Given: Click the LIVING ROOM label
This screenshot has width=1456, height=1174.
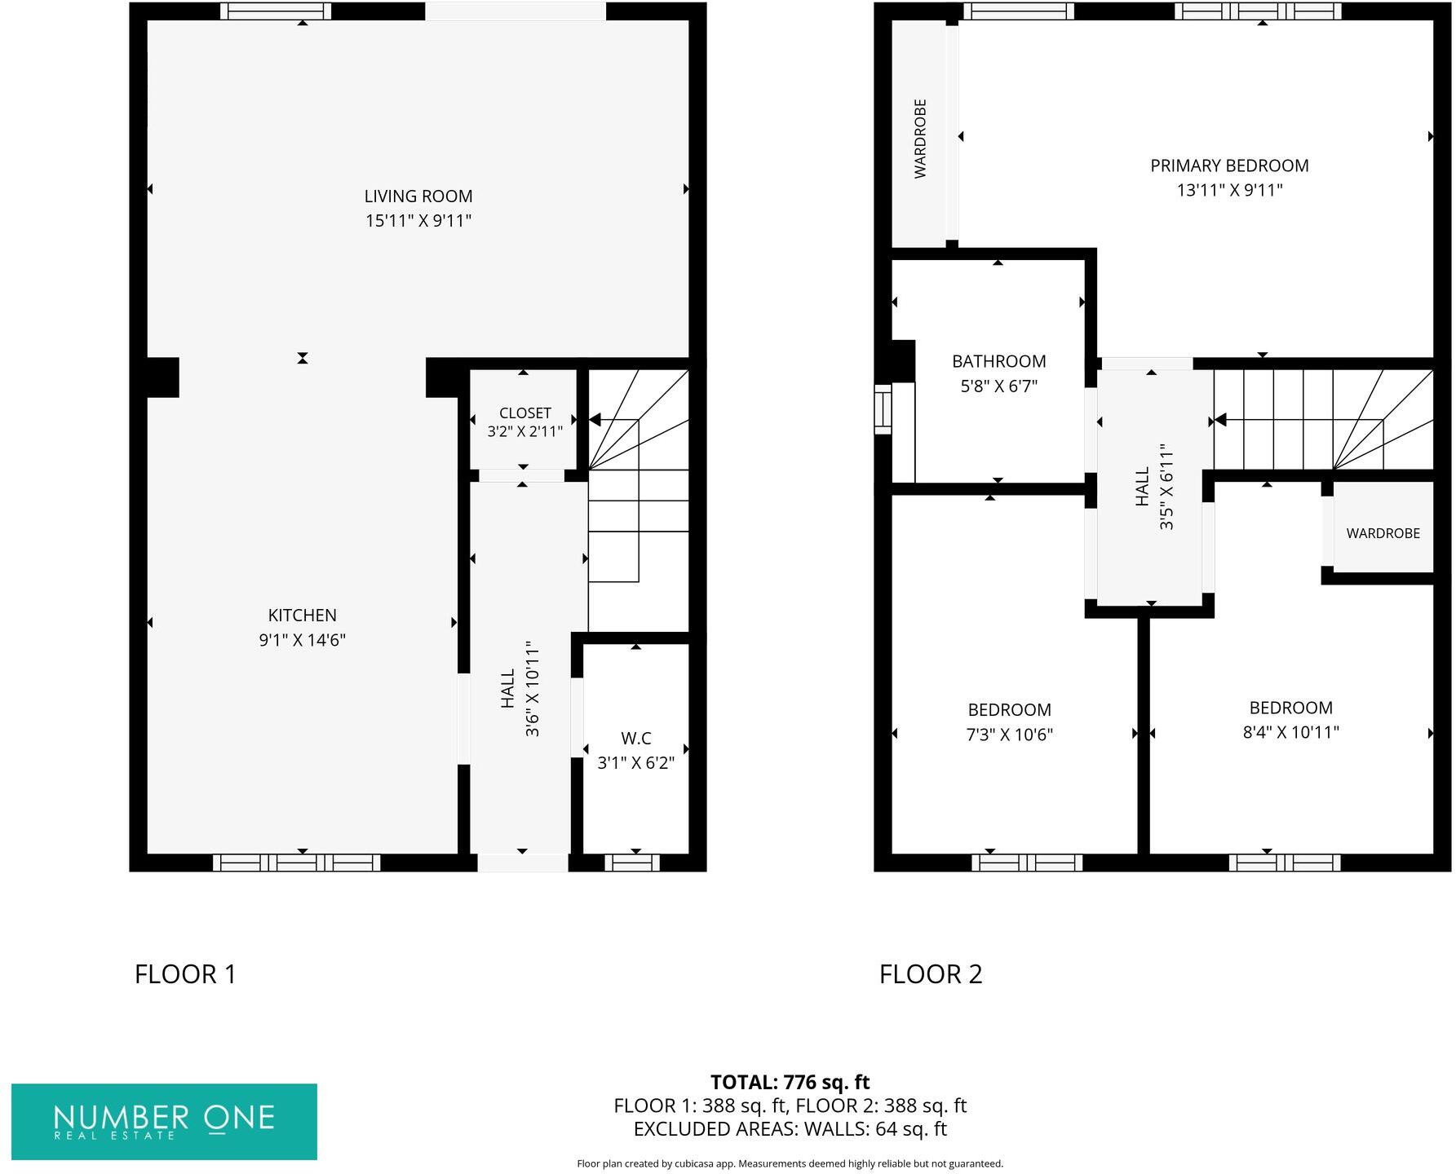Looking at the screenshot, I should [418, 196].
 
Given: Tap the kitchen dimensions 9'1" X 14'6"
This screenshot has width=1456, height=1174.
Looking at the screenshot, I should [302, 640].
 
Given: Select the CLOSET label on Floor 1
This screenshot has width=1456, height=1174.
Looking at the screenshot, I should [524, 413].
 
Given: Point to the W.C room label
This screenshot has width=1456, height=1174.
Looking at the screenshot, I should [635, 739].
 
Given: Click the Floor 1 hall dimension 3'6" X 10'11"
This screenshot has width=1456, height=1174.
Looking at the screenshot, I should [533, 689].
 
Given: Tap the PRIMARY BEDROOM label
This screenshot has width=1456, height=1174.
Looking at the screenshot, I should [1228, 166].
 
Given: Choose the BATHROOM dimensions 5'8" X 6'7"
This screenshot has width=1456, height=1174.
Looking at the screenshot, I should [998, 386].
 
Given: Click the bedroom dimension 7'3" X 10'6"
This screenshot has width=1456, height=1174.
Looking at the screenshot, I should [1009, 735].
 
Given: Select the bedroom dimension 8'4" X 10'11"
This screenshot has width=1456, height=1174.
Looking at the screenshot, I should [1290, 732].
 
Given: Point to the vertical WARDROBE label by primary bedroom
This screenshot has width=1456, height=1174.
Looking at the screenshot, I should [920, 139].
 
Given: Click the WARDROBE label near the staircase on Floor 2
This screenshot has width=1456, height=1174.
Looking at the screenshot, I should [1383, 533].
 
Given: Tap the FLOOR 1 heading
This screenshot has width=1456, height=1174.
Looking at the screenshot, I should [185, 974].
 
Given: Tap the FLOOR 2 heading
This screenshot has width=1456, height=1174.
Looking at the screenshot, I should [931, 974].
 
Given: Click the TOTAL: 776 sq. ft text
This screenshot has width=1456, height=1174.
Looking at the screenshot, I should [790, 1082].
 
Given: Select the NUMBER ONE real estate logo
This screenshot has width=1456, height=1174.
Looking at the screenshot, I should [164, 1121].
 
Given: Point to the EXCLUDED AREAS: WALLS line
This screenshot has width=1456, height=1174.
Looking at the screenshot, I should [790, 1129].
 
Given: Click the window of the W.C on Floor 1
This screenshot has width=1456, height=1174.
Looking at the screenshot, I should [632, 863].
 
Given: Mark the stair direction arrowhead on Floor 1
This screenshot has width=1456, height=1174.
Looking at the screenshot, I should [595, 420].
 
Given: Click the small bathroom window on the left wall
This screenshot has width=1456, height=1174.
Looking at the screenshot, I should [883, 409].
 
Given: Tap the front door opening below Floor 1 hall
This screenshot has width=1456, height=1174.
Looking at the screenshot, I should [522, 863].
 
